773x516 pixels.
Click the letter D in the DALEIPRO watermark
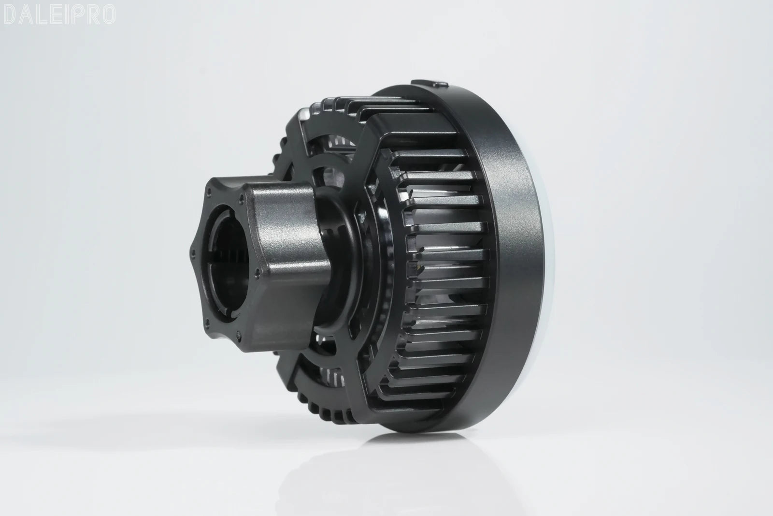click(x=10, y=15)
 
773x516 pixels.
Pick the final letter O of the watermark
click(x=108, y=15)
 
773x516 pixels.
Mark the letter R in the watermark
click(x=91, y=15)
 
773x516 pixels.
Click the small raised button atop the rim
click(x=429, y=84)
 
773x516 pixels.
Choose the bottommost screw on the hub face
click(x=239, y=334)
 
